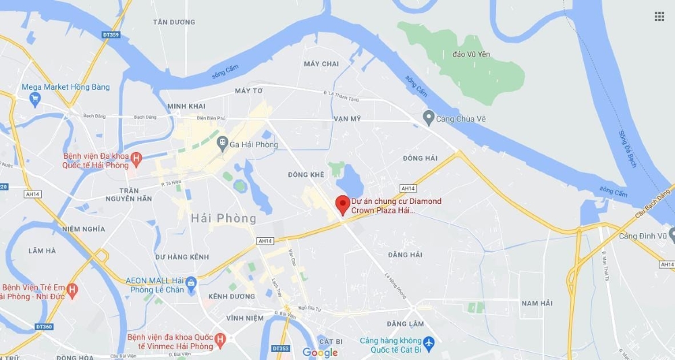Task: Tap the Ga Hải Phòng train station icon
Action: pyautogui.click(x=222, y=144)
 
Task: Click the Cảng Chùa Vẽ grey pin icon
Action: pyautogui.click(x=428, y=119)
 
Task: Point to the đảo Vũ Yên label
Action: pyautogui.click(x=471, y=53)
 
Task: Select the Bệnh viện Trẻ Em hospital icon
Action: pyautogui.click(x=72, y=291)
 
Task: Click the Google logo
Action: pyautogui.click(x=320, y=353)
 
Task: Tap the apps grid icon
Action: pyautogui.click(x=659, y=16)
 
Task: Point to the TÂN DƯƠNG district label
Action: pyautogui.click(x=173, y=22)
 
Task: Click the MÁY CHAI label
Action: pyautogui.click(x=321, y=64)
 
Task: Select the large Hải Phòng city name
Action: pyautogui.click(x=223, y=219)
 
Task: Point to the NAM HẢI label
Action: pyautogui.click(x=537, y=303)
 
